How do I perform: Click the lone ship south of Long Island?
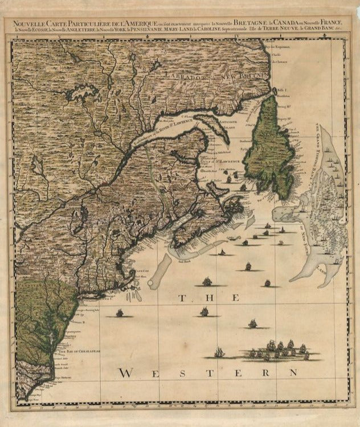pyautogui.click(x=120, y=313)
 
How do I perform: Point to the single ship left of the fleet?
pyautogui.click(x=219, y=353)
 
